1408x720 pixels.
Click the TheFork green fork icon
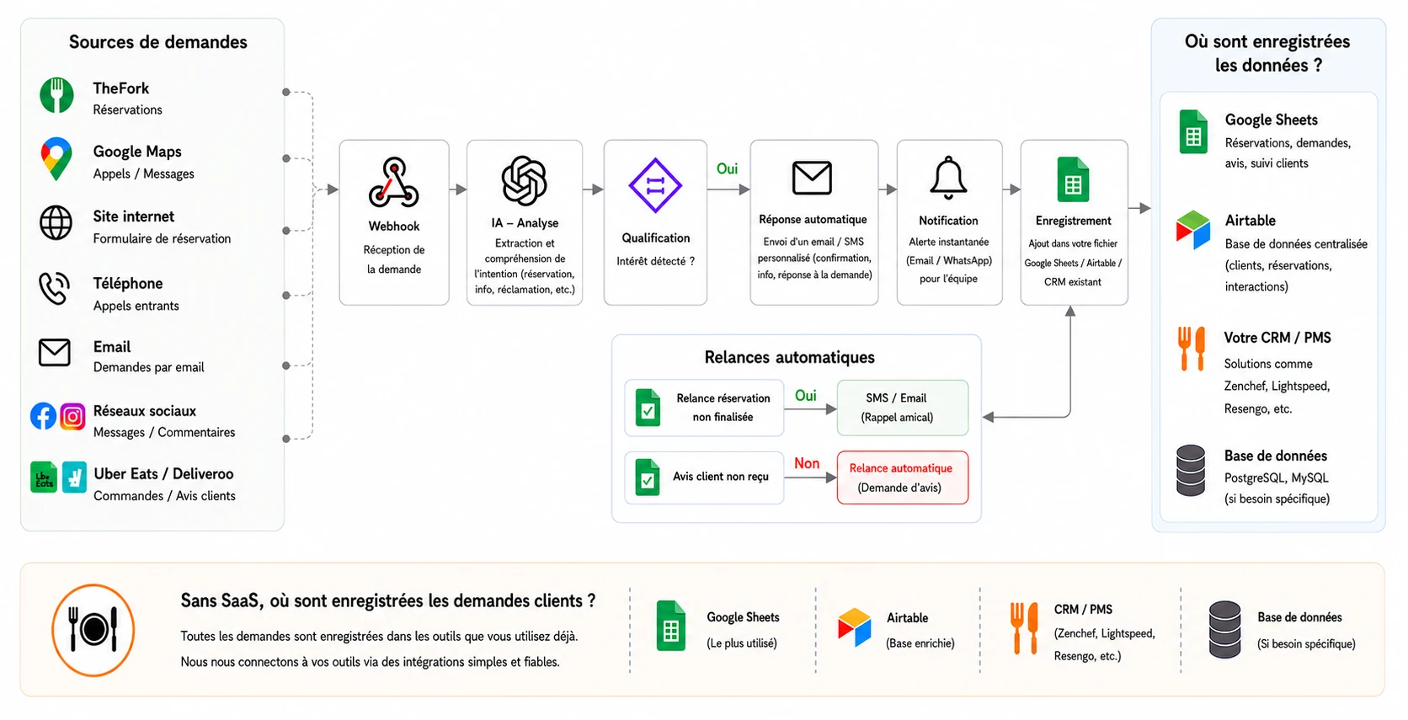(x=56, y=95)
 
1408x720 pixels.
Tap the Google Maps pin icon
(x=56, y=158)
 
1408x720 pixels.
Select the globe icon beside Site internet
(x=56, y=222)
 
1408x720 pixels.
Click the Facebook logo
(x=44, y=416)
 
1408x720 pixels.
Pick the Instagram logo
(x=72, y=416)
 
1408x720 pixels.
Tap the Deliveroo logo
(x=74, y=477)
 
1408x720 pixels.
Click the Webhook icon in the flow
(x=393, y=183)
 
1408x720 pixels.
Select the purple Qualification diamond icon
(x=655, y=185)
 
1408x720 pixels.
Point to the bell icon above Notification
(x=948, y=178)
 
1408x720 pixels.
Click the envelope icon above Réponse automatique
(x=812, y=178)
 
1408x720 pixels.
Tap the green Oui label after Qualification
(x=727, y=168)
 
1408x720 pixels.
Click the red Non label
(x=807, y=463)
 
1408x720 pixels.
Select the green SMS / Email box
(x=903, y=408)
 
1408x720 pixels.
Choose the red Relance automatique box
(x=903, y=477)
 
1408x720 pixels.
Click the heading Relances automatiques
(x=790, y=357)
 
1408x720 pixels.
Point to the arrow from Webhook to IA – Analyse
(x=458, y=189)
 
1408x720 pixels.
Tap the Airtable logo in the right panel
(x=1192, y=230)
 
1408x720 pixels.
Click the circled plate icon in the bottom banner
(x=93, y=630)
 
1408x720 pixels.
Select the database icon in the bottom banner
(x=1224, y=629)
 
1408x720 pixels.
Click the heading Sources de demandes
(x=157, y=42)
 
